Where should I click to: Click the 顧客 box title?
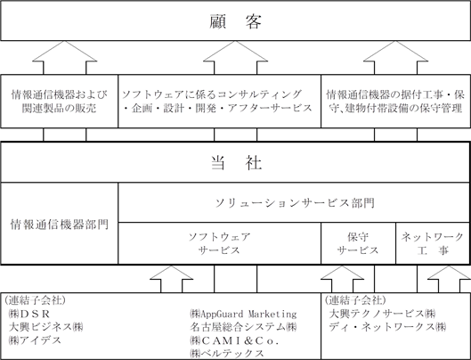coord(235,21)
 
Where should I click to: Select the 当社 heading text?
coord(236,163)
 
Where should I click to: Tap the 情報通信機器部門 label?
coord(60,225)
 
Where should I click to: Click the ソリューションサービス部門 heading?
coord(295,203)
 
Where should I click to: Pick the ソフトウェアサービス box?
coord(220,243)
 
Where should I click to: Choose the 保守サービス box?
coord(358,243)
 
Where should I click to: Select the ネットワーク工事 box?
coord(433,243)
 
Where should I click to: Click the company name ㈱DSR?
coord(29,314)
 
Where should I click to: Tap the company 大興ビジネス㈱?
coord(45,327)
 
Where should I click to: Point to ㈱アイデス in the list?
coord(35,340)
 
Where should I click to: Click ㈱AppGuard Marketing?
coord(243,314)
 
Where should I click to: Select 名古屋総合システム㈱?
coord(243,327)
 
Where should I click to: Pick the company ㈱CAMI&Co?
coord(234,340)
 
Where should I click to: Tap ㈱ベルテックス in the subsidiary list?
coord(227,353)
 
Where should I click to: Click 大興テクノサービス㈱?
coord(382,314)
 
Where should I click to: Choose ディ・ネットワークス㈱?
coord(387,327)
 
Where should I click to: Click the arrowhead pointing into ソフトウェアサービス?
coord(171,273)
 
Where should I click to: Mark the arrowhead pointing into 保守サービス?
coord(343,273)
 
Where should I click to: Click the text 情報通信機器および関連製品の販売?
coord(59,101)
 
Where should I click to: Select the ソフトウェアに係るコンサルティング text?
coord(212,94)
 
